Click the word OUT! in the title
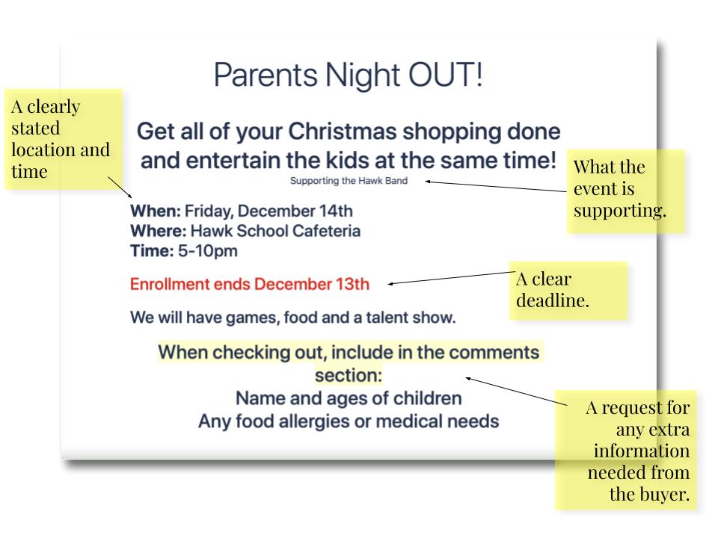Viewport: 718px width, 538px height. click(x=445, y=75)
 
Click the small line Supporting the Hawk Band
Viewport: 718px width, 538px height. click(x=349, y=181)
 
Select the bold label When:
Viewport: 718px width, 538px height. click(x=156, y=211)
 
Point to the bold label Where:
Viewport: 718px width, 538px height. click(x=159, y=231)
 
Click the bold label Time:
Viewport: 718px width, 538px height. click(x=152, y=251)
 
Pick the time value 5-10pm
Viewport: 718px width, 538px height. click(x=208, y=251)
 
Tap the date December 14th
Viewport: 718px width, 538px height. click(x=295, y=211)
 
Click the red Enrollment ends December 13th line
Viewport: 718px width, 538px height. click(x=250, y=284)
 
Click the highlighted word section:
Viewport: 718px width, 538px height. click(x=349, y=375)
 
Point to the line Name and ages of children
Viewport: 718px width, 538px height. click(x=349, y=398)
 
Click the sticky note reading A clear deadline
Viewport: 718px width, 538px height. click(x=568, y=290)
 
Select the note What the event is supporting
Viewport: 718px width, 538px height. click(x=626, y=191)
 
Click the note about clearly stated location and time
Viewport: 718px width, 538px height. click(x=64, y=139)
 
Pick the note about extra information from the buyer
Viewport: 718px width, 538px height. click(x=625, y=450)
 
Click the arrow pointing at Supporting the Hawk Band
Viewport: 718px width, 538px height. click(x=496, y=186)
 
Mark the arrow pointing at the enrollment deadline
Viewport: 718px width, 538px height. click(x=452, y=278)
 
